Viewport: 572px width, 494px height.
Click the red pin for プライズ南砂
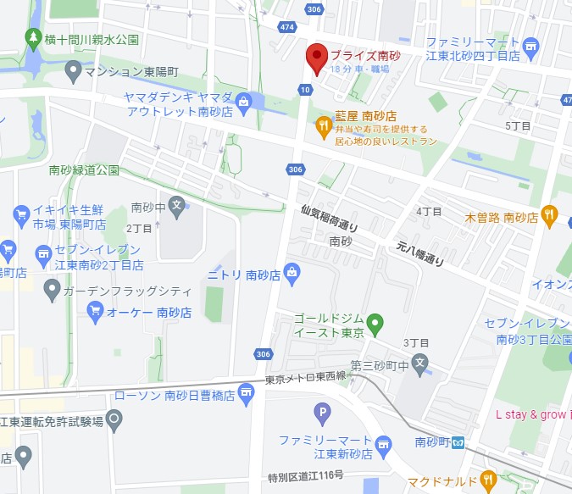coord(317,58)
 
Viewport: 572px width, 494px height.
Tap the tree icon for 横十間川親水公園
coord(34,38)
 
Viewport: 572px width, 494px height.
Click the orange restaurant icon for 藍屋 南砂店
coord(322,126)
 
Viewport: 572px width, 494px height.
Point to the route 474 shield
coord(289,27)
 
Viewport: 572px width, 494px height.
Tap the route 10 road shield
coord(304,89)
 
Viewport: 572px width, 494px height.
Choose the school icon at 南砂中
coord(176,204)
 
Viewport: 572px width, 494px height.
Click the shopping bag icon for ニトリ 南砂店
coord(292,272)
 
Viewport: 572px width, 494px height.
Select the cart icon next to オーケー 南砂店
coord(95,312)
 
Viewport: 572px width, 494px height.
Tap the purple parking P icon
coord(321,414)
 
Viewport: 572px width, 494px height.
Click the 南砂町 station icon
coord(457,441)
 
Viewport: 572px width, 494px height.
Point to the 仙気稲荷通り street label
coord(330,219)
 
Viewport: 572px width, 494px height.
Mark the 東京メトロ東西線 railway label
coord(305,377)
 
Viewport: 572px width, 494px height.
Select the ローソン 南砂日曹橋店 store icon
coord(246,391)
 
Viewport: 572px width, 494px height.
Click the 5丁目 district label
coord(518,125)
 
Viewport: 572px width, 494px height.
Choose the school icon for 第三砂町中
coord(424,366)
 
